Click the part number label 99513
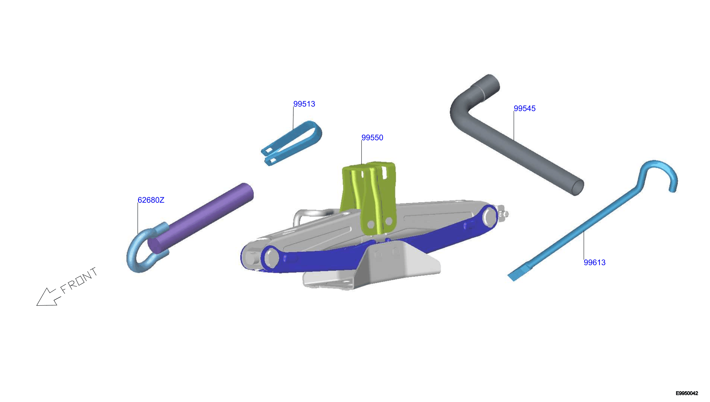tap(304, 104)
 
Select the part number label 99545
tap(524, 108)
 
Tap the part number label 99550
tap(372, 138)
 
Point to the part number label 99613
tap(594, 262)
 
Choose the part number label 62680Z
tap(151, 200)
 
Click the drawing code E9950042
tap(687, 393)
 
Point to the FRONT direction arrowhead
tap(46, 298)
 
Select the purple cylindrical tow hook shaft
tap(200, 218)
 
